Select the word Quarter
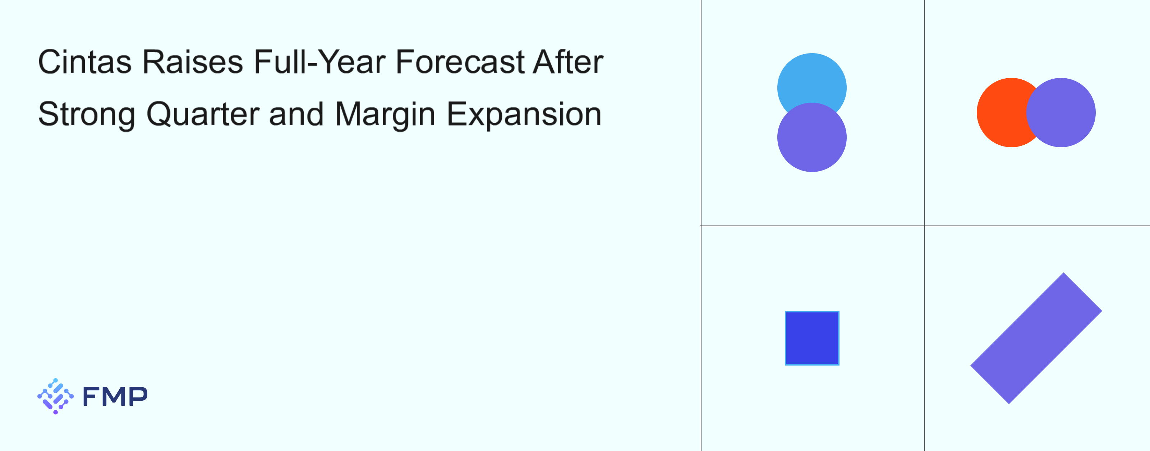tap(203, 114)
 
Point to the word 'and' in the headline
tap(296, 114)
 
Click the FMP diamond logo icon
tap(55, 396)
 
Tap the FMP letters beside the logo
tap(115, 396)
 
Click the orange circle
tap(1000, 112)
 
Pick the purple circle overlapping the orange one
tap(1061, 112)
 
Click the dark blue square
tap(812, 338)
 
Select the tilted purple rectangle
tap(1036, 338)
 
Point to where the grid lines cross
tap(925, 226)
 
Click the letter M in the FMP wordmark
tap(115, 396)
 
